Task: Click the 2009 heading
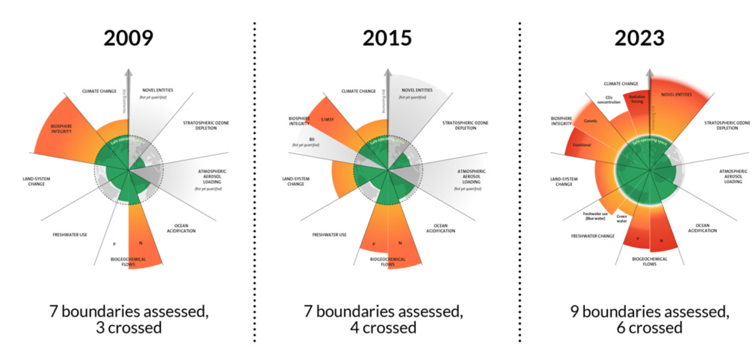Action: (x=128, y=38)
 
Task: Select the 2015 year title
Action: (x=387, y=38)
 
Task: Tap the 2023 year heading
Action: (x=639, y=38)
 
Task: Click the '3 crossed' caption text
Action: (x=129, y=328)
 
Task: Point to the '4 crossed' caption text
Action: (x=383, y=328)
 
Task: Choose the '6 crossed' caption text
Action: (x=650, y=328)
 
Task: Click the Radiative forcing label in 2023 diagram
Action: (x=637, y=99)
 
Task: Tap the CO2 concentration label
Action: (x=609, y=100)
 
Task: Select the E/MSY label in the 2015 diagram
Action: (x=327, y=120)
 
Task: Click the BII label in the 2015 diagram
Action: (x=312, y=139)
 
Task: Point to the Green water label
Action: (x=622, y=218)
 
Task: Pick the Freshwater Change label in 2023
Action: (x=593, y=236)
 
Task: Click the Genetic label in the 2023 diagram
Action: (x=590, y=121)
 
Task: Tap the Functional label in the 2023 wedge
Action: (x=582, y=145)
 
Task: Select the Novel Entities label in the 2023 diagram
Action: (x=676, y=95)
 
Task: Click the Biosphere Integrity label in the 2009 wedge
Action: (x=61, y=129)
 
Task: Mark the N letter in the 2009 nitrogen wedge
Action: (x=141, y=243)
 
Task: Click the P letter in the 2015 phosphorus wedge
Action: (x=374, y=244)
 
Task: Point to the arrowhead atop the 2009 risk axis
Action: (x=129, y=72)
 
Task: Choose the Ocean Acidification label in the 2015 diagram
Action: (x=441, y=228)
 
